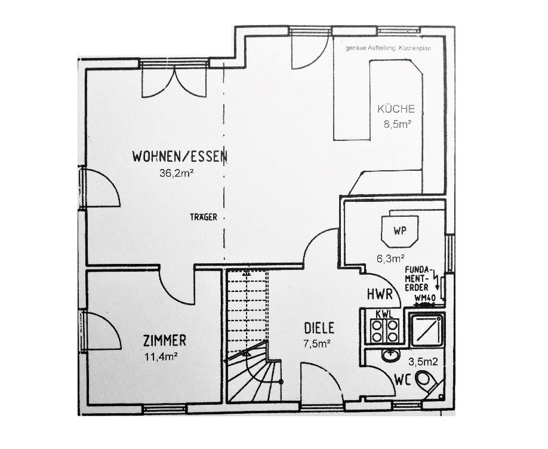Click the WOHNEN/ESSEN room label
tap(180, 156)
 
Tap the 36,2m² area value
tap(177, 173)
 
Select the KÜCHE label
tap(396, 109)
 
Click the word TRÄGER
tap(204, 217)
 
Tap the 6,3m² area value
tap(391, 259)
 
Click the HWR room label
tap(380, 294)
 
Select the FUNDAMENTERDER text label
tap(418, 279)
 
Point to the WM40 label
tap(424, 299)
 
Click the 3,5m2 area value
tap(423, 362)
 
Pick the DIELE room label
tap(319, 328)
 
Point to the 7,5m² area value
tap(317, 344)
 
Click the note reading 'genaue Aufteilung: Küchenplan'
tap(388, 48)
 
